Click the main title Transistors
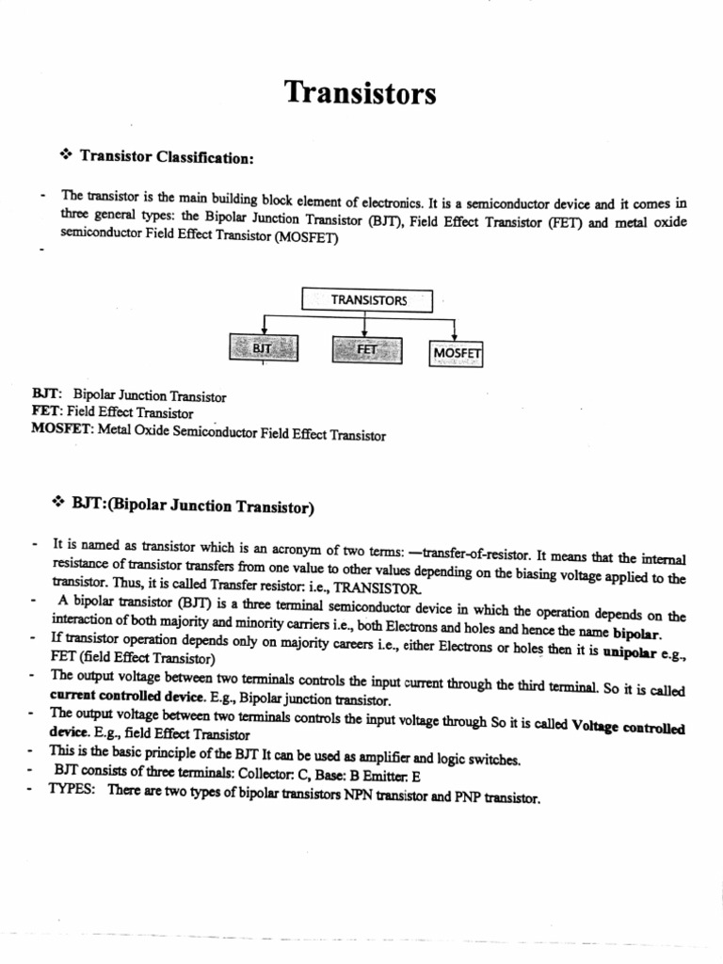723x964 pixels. point(361,94)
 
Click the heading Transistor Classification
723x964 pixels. point(168,157)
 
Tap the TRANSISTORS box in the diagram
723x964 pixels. point(368,300)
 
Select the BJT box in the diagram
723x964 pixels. point(261,349)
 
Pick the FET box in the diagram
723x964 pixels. point(366,349)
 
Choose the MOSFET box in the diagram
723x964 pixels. point(457,353)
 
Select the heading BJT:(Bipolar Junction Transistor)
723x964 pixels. point(193,506)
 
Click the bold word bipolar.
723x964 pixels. point(637,632)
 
